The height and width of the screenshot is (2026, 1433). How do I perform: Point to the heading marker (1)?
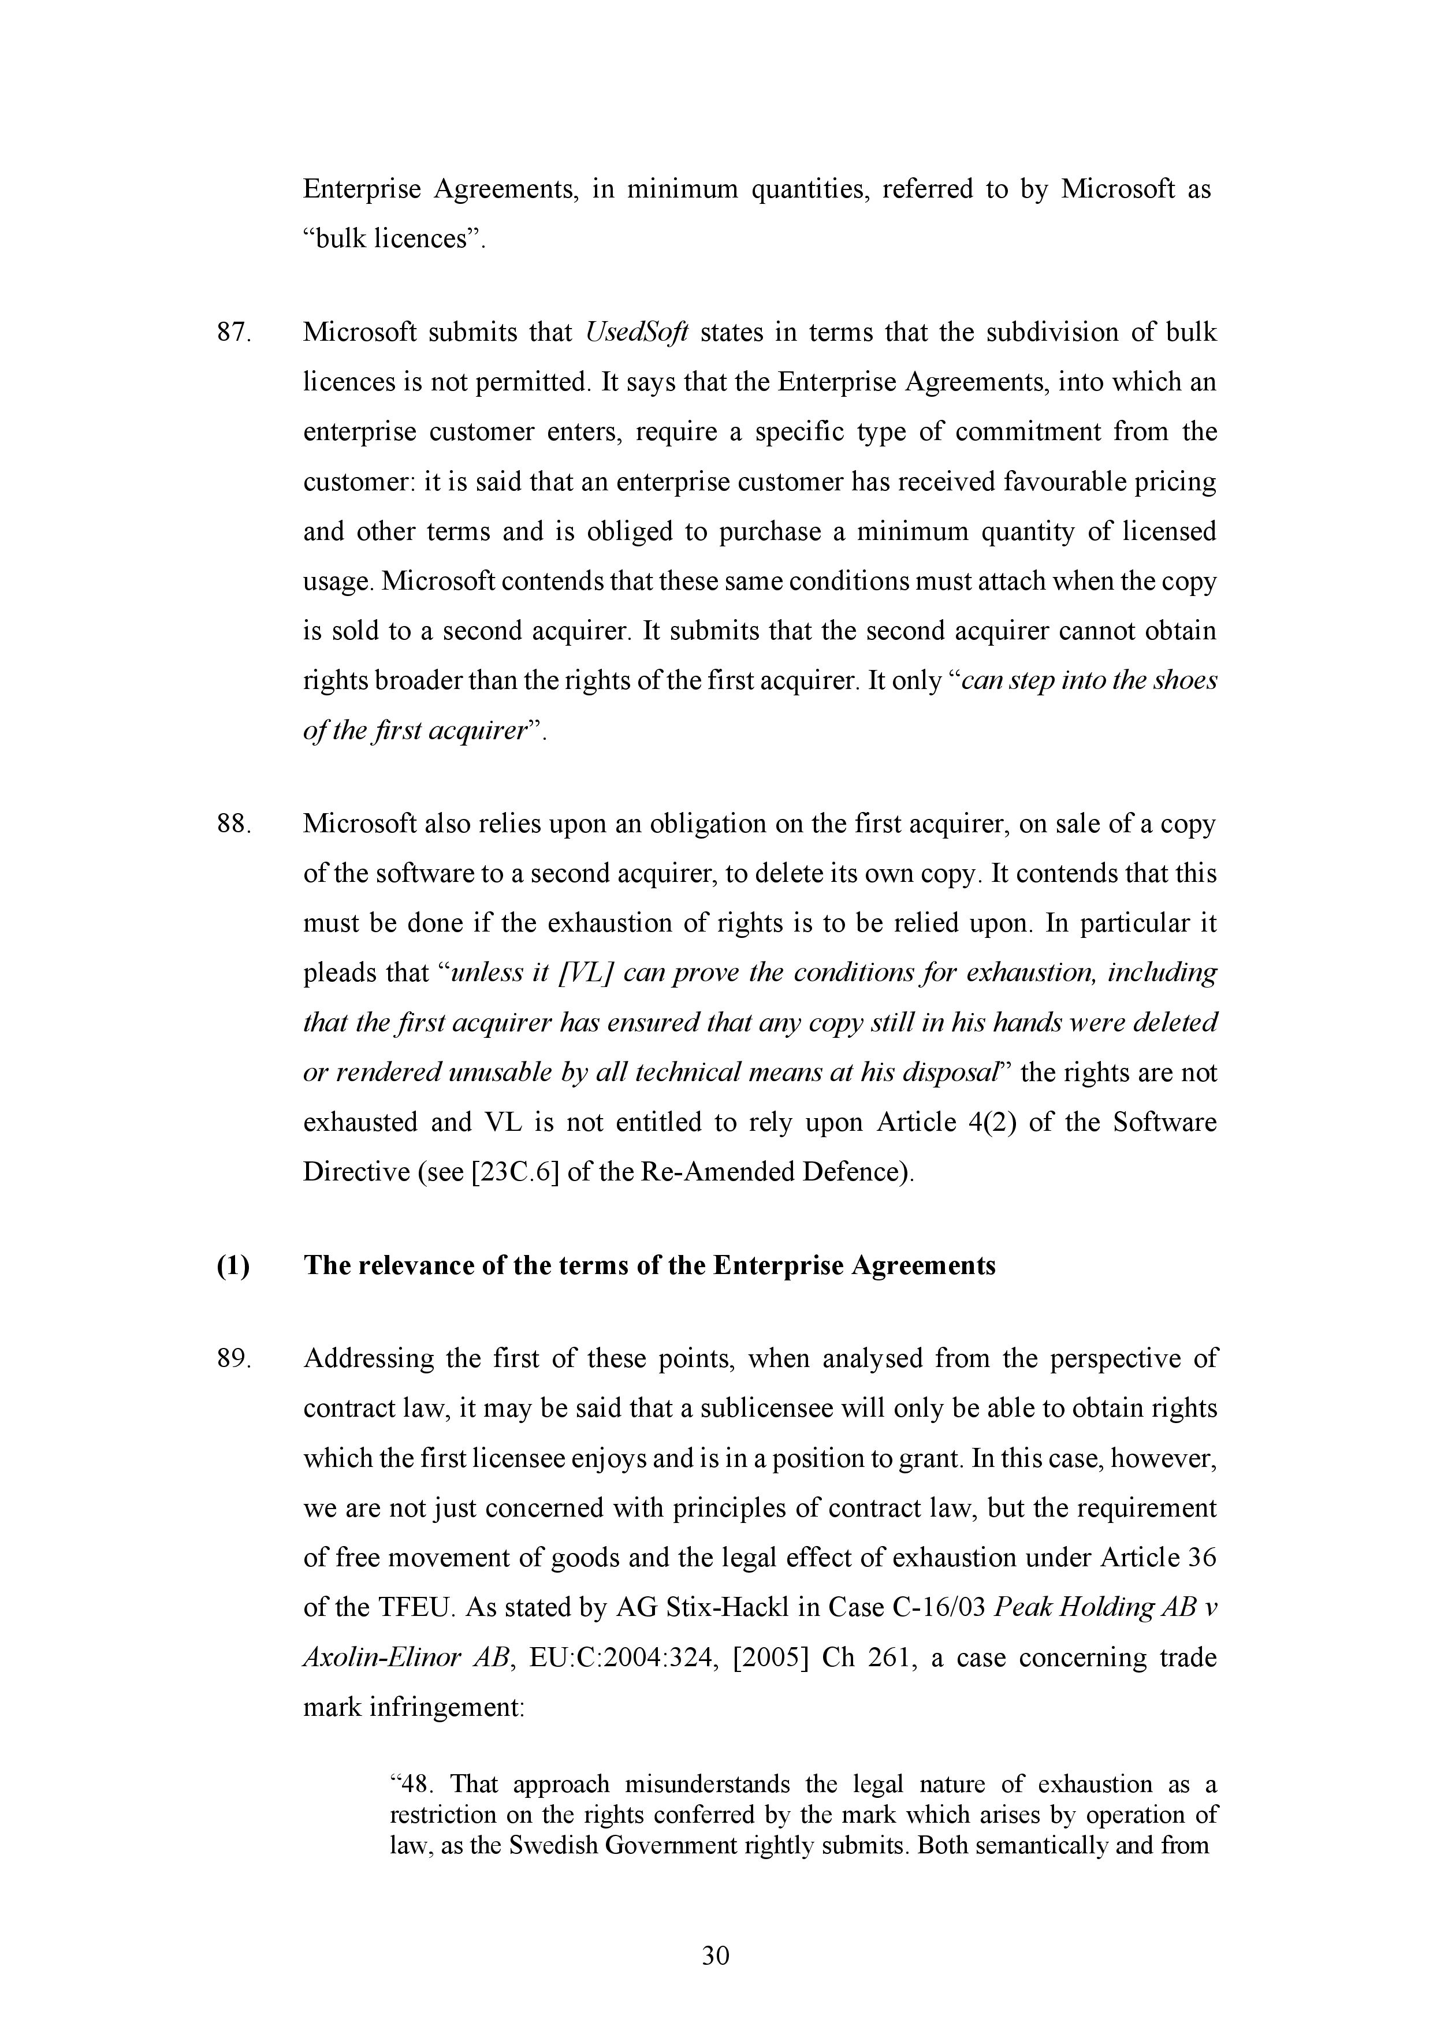click(233, 1265)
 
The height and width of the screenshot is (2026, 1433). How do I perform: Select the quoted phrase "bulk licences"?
click(394, 239)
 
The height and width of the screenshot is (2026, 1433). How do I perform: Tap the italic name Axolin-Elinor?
click(386, 1657)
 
